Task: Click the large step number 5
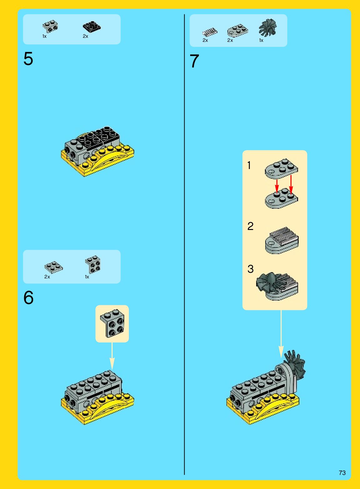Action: [28, 58]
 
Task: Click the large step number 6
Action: [28, 297]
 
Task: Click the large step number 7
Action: [194, 61]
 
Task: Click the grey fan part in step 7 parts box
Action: [267, 27]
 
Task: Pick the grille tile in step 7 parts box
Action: [209, 32]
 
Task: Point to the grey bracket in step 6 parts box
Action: [93, 264]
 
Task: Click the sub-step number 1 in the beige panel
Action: [249, 165]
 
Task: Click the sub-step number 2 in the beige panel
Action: [250, 226]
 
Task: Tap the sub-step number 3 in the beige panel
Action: [251, 269]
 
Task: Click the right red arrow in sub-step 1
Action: [291, 184]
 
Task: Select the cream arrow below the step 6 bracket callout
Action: [112, 356]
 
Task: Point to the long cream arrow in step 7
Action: [281, 334]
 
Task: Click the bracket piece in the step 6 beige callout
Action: [112, 323]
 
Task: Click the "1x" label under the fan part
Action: [261, 40]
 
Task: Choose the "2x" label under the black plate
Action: [85, 37]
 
